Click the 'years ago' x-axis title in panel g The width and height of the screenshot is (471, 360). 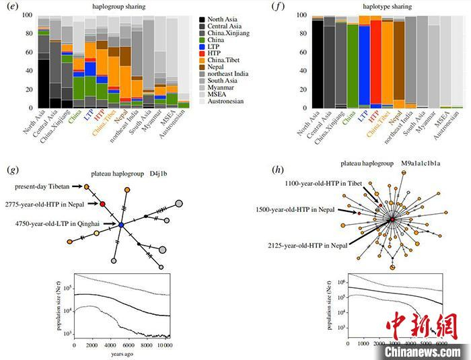coord(120,354)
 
